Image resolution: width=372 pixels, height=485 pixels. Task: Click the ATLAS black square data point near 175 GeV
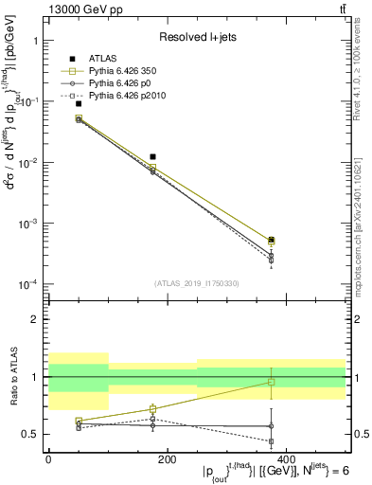coord(152,156)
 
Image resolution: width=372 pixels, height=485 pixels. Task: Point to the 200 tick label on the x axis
coord(167,458)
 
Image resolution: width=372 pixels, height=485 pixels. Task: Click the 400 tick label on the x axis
coord(285,458)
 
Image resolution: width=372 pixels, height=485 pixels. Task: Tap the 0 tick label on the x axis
coord(48,458)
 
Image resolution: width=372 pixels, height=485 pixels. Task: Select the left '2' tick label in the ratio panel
coord(33,319)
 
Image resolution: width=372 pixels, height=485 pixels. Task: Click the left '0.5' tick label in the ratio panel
coord(29,435)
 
